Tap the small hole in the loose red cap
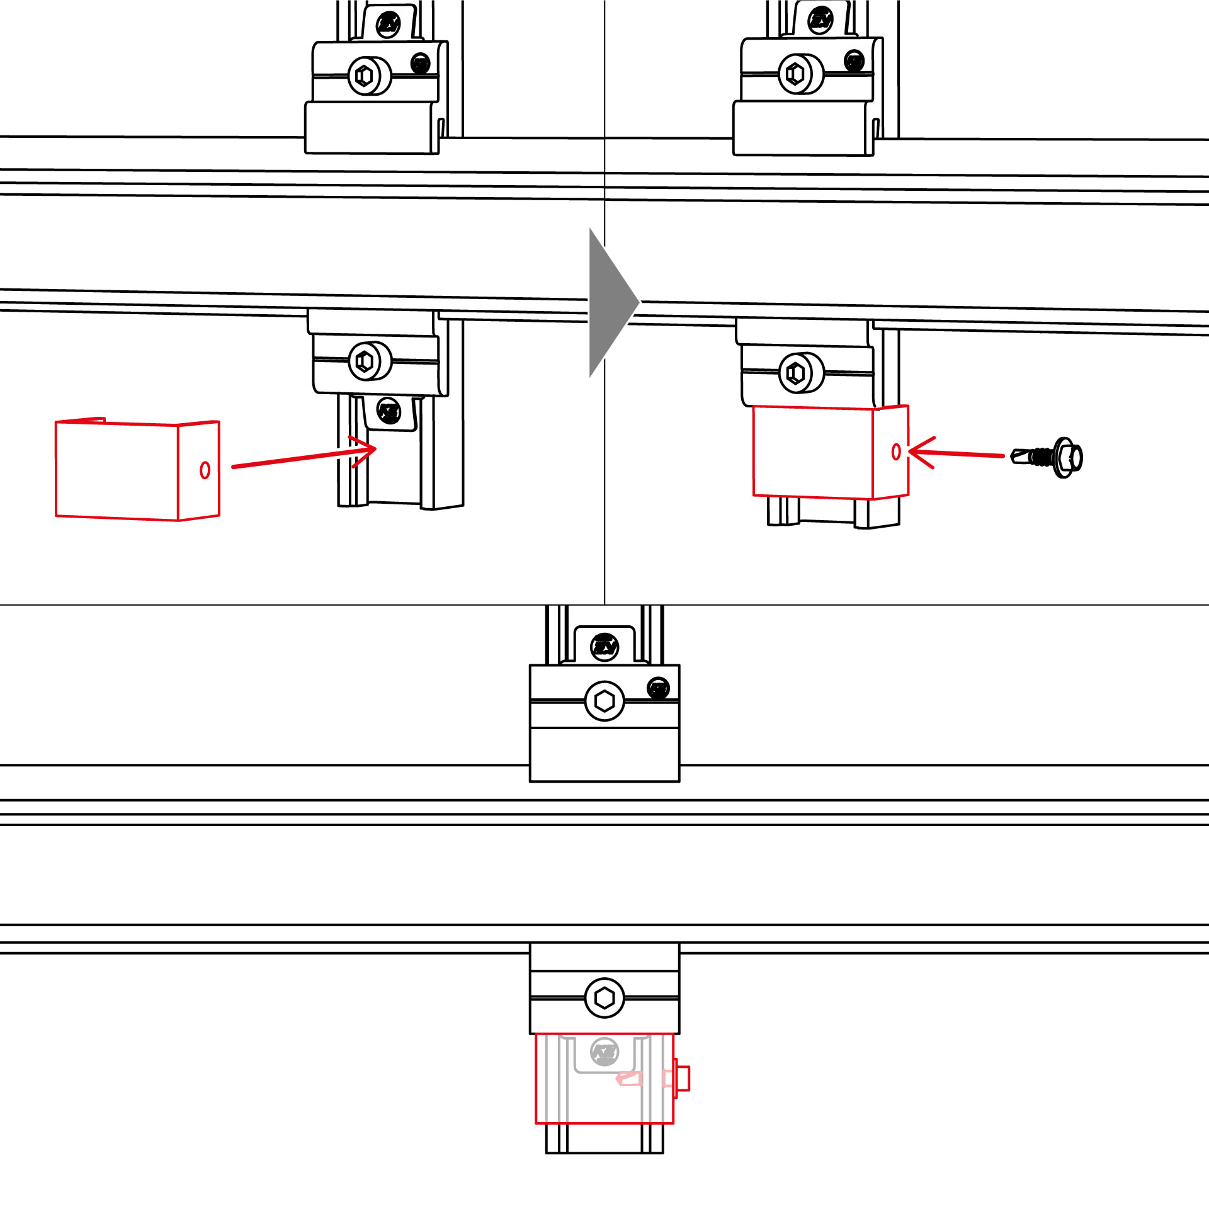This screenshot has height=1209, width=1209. [205, 470]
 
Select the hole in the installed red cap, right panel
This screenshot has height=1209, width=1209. [896, 451]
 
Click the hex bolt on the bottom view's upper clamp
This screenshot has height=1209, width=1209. [604, 701]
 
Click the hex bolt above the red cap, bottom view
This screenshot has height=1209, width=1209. [604, 998]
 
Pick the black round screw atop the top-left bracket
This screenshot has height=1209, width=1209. [389, 24]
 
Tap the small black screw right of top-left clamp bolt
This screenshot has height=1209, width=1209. [420, 63]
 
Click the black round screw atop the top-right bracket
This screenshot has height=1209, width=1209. [820, 20]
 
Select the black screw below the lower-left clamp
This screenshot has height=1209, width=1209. [389, 412]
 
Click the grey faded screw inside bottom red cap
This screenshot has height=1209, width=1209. [604, 1052]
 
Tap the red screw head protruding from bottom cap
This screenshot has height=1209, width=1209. [682, 1079]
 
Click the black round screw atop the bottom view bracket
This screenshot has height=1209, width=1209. [604, 647]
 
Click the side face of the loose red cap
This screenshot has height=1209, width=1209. [198, 471]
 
